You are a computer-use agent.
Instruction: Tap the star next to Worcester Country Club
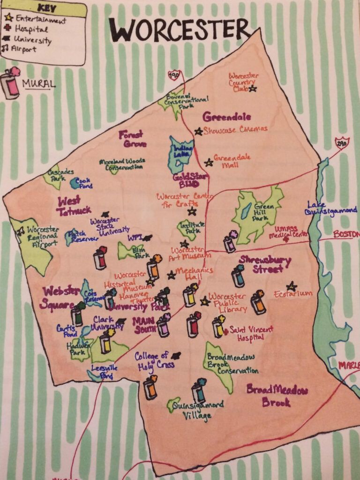[x=253, y=88]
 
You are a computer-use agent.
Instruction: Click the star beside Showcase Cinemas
[x=199, y=131]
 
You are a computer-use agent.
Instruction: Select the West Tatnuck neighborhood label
[x=74, y=206]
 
